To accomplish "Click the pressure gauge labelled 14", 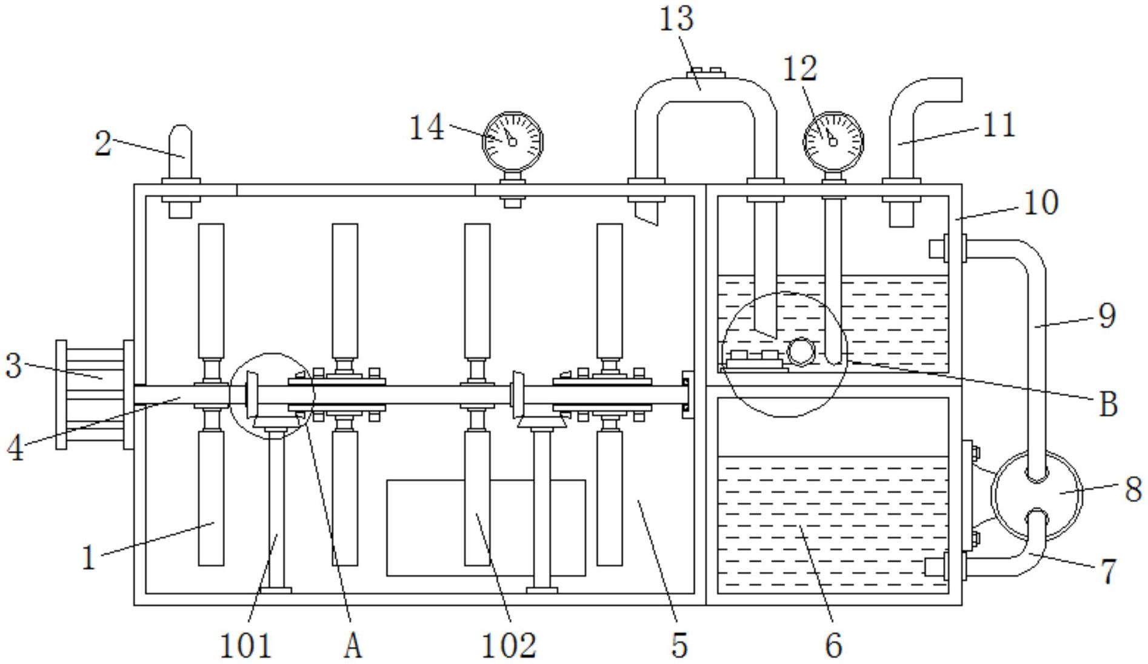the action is pyautogui.click(x=512, y=141).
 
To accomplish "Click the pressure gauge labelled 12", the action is pyautogui.click(x=833, y=141).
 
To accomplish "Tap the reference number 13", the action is pyautogui.click(x=676, y=18).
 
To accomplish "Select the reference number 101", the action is pyautogui.click(x=245, y=645).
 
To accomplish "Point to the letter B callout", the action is pyautogui.click(x=1109, y=403).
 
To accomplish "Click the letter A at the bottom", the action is pyautogui.click(x=353, y=645).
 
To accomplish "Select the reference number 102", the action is pyautogui.click(x=509, y=645).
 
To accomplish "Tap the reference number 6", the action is pyautogui.click(x=834, y=645).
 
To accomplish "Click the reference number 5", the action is pyautogui.click(x=680, y=645).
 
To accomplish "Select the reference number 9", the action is pyautogui.click(x=1107, y=315).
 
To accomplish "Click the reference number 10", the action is pyautogui.click(x=1041, y=203).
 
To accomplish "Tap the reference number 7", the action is pyautogui.click(x=1108, y=571).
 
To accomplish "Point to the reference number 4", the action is pyautogui.click(x=15, y=449).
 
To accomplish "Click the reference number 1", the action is pyautogui.click(x=89, y=557).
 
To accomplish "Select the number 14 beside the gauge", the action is pyautogui.click(x=427, y=128).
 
